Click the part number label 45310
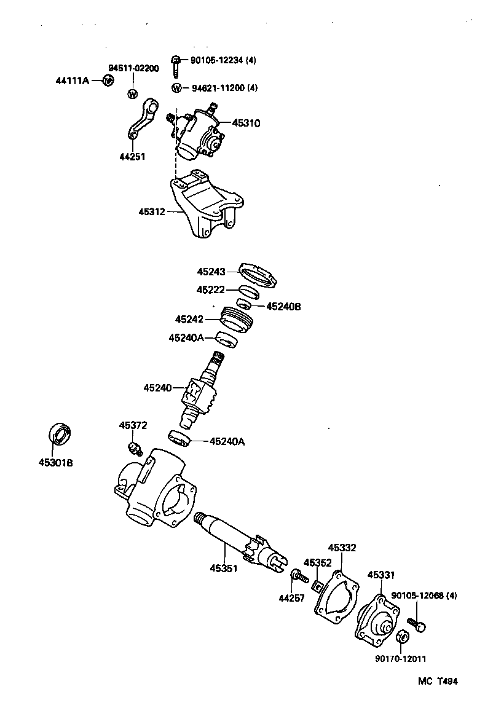[x=246, y=123]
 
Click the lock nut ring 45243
[x=258, y=275]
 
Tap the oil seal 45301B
[x=60, y=433]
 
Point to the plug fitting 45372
[x=133, y=446]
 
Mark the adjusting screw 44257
[x=299, y=576]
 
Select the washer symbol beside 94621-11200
[x=177, y=88]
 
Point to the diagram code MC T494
[x=438, y=681]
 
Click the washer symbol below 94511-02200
[x=132, y=94]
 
